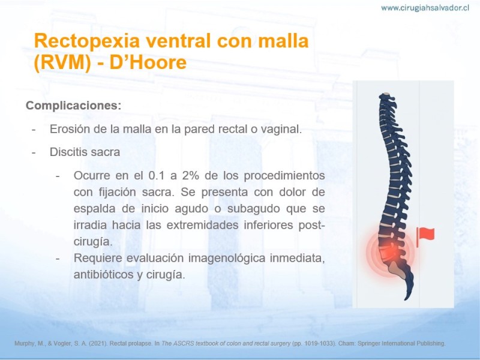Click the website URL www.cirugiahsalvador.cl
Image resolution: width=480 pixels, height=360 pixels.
pos(425,8)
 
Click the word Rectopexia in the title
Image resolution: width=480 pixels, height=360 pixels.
pos(87,41)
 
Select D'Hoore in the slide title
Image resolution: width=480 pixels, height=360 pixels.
pos(148,62)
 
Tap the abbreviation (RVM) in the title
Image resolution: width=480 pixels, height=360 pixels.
pos(62,63)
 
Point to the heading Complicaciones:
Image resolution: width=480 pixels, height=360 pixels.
pos(73,106)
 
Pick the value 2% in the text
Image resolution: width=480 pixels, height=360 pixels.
pos(190,175)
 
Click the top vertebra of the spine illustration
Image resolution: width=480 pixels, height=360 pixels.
pos(386,95)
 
